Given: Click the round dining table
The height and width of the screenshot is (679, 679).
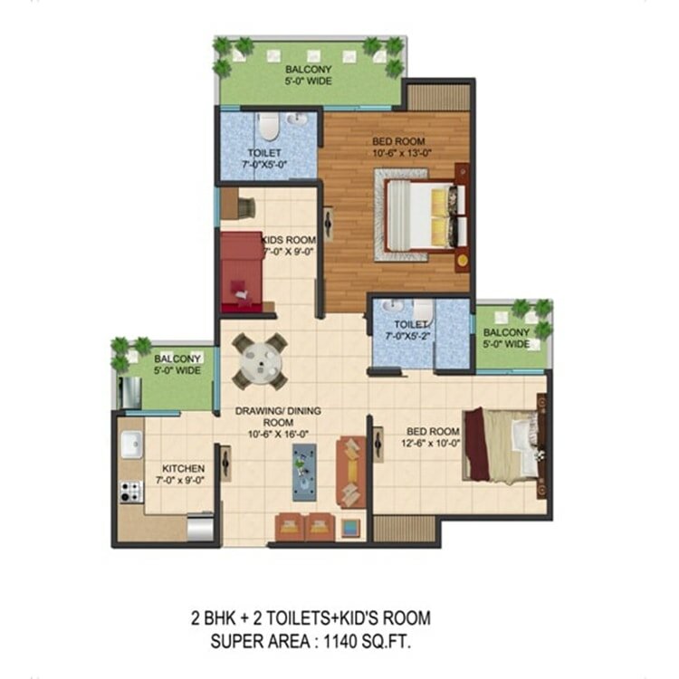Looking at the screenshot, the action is click(x=261, y=360).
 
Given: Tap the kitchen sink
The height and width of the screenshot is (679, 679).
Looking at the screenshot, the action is click(x=131, y=444).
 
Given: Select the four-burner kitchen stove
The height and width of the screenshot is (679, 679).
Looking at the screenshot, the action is click(x=130, y=492).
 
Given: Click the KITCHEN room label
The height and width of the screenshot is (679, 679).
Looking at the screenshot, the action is click(x=183, y=469).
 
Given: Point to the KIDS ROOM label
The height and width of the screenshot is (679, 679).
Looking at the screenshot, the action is click(x=290, y=240).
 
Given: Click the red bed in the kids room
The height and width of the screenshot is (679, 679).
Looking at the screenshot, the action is click(x=242, y=272).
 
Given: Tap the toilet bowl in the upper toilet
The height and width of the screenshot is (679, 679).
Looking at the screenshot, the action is click(x=268, y=126).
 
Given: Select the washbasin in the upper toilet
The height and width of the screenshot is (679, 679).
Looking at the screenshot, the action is click(x=297, y=119).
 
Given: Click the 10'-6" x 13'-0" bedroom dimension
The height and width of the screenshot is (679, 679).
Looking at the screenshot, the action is click(x=402, y=153).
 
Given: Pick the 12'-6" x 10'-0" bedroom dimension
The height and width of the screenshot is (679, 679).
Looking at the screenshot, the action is click(x=430, y=443).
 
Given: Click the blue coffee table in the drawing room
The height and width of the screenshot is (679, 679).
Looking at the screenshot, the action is click(x=304, y=472).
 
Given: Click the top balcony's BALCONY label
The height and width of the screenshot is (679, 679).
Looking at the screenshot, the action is click(x=309, y=70).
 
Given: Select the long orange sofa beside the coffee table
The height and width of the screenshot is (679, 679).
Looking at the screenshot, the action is click(x=351, y=472).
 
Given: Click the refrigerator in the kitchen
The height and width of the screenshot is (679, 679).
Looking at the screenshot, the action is click(x=200, y=527).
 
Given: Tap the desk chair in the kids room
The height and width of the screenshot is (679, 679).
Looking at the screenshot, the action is click(x=246, y=208).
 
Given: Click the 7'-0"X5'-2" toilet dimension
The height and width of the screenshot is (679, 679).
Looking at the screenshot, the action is click(x=409, y=336).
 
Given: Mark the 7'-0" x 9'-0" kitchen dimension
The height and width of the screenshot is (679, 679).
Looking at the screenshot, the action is click(x=180, y=480).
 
